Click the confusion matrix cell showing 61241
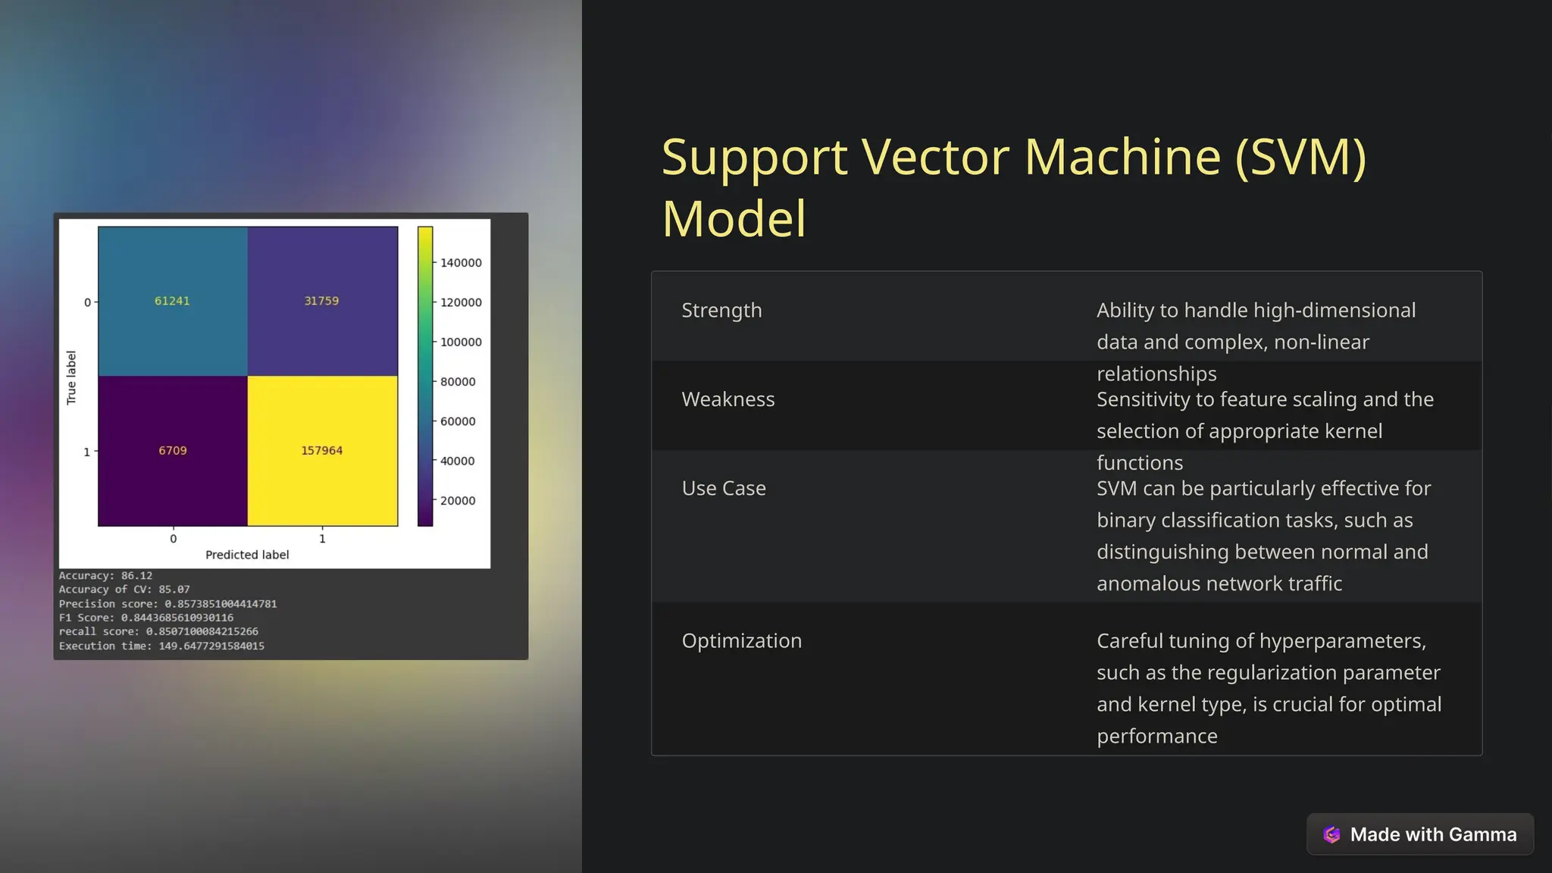172,301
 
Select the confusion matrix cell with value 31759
321,301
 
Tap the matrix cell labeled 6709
173,450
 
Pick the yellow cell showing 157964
322,450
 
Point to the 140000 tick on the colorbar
461,263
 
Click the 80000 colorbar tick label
458,382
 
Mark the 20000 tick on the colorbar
458,501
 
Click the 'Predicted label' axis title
247,555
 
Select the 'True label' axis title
71,377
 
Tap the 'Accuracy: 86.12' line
105,576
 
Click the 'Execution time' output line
161,646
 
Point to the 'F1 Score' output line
146,618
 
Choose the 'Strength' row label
721,311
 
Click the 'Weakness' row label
727,399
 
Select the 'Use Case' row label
724,488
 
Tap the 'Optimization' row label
741,641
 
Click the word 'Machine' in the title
1122,157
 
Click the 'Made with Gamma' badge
1420,834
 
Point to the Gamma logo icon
1331,834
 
